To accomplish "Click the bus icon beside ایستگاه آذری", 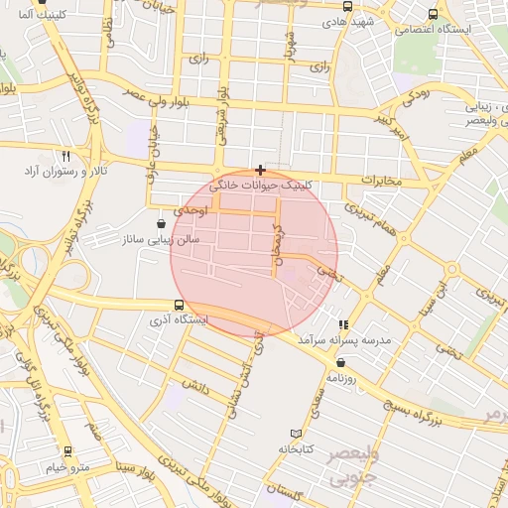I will pos(179,306).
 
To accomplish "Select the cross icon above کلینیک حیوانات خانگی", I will pos(260,170).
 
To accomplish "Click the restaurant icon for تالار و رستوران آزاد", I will pos(66,156).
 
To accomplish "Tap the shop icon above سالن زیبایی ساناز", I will pos(162,224).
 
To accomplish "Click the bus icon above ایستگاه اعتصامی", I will pos(432,15).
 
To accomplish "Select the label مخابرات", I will pos(381,181).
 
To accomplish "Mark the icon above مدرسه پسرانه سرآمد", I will pos(343,324).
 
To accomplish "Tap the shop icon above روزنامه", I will pos(340,362).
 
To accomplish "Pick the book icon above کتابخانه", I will pos(294,434).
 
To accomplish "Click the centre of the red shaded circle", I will pos(255,253).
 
